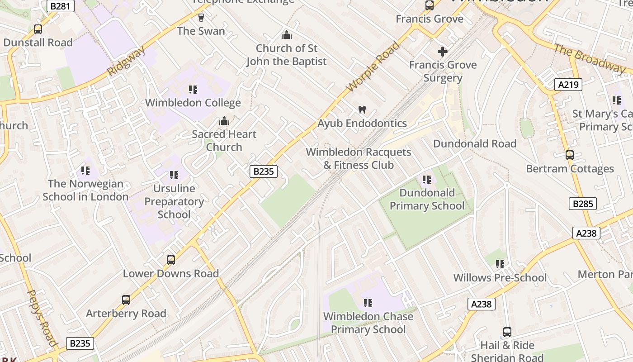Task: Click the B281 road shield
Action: click(x=60, y=6)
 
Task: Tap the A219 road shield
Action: click(x=568, y=84)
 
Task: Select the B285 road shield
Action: click(x=582, y=204)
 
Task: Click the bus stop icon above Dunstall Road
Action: click(x=38, y=29)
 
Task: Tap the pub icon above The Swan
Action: click(x=201, y=18)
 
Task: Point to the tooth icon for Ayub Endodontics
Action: click(x=362, y=110)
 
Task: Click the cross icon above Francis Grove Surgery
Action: click(x=443, y=52)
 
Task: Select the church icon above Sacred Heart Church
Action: click(x=224, y=121)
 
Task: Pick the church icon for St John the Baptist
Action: click(x=286, y=35)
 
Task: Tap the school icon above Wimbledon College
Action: click(x=193, y=90)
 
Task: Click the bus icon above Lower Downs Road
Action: click(x=170, y=260)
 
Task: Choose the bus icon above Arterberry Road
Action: click(x=126, y=300)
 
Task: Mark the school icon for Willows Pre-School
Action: click(x=500, y=264)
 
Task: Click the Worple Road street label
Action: click(x=373, y=67)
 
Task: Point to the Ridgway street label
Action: click(x=127, y=61)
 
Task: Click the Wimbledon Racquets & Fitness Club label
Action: click(x=359, y=158)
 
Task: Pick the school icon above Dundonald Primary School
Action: click(x=426, y=180)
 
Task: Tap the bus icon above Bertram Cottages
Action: click(x=570, y=155)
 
